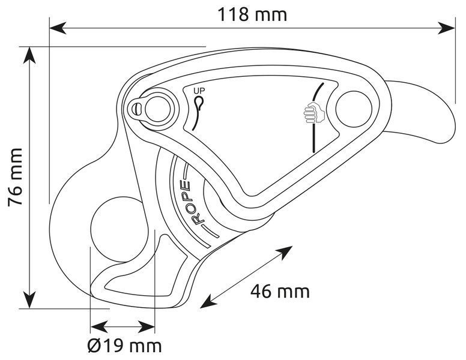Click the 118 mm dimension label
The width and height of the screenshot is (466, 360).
(252, 14)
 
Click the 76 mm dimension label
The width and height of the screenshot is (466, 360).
(15, 177)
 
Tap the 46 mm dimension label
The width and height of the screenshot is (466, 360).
(280, 291)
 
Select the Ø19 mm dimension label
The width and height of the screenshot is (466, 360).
(125, 346)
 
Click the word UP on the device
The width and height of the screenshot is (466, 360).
(199, 91)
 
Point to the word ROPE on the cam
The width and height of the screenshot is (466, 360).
(192, 202)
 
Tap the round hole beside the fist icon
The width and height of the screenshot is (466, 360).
(354, 109)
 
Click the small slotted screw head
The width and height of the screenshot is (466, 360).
(136, 109)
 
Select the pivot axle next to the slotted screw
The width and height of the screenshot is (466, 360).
(158, 109)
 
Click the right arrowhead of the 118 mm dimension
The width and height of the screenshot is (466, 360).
(447, 28)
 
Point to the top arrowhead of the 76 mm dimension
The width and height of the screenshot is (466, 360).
(29, 55)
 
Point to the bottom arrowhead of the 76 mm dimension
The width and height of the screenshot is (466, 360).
(29, 300)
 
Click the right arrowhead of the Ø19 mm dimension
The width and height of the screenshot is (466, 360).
(147, 328)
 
